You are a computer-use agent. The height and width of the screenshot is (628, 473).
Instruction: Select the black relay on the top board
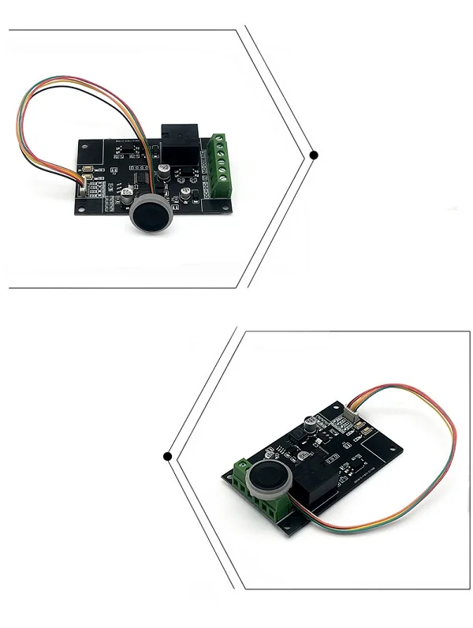coord(182,144)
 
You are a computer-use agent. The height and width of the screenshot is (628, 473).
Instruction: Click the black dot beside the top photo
coord(314,155)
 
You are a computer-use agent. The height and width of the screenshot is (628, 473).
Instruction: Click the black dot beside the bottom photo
coord(167,455)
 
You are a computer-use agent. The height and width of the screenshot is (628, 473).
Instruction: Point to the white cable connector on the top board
coord(84,184)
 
